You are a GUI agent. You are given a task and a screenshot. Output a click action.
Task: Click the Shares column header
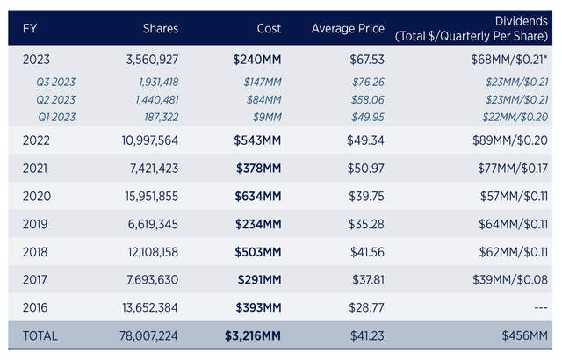[160, 29]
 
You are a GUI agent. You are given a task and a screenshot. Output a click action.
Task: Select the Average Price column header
[348, 29]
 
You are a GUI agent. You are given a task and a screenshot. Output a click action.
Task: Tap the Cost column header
[269, 29]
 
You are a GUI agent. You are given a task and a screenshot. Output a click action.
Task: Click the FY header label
[30, 29]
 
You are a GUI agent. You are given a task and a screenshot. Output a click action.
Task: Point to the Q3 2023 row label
[56, 82]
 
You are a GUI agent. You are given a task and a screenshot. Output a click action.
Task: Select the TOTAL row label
[40, 335]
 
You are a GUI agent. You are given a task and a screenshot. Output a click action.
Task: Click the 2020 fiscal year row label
[37, 197]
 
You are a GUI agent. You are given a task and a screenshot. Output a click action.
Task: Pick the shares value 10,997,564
[150, 140]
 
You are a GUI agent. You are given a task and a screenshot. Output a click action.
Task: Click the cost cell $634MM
[258, 197]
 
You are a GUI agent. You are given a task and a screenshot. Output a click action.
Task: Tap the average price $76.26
[368, 82]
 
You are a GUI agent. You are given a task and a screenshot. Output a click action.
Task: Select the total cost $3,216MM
[253, 335]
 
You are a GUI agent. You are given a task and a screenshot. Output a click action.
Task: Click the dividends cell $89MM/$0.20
[510, 140]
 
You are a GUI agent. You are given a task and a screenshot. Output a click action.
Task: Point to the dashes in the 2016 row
[541, 307]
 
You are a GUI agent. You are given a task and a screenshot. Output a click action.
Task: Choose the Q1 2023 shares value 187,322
[162, 117]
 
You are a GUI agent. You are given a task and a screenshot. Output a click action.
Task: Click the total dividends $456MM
[525, 335]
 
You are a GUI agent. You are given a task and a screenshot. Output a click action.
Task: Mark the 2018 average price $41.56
[367, 252]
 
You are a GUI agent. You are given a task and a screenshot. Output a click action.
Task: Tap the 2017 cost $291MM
[260, 280]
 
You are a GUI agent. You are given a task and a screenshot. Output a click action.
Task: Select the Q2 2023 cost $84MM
[263, 99]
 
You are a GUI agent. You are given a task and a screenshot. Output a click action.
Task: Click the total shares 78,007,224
[148, 335]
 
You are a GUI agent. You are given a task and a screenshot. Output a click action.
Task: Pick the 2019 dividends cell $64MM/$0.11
[513, 224]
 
